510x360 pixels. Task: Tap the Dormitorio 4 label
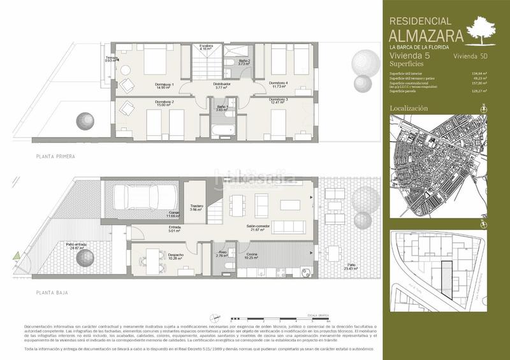(x=278, y=83)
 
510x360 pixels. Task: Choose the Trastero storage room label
(x=196, y=207)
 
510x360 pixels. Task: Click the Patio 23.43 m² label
(x=351, y=266)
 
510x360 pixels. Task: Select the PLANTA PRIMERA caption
(x=56, y=156)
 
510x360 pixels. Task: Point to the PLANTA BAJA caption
(x=52, y=292)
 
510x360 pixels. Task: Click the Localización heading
(x=409, y=109)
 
